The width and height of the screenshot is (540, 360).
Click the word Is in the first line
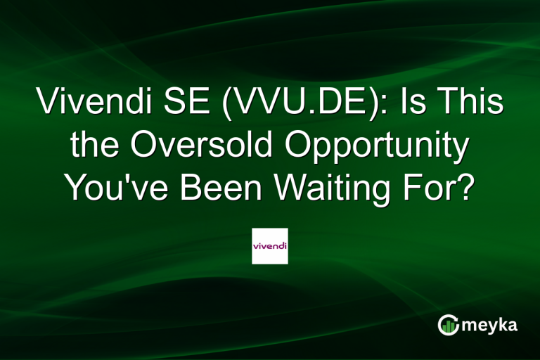point(415,103)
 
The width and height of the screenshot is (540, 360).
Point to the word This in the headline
point(470,103)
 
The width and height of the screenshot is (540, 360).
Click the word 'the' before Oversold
point(93,146)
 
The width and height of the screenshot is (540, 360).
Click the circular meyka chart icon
point(448,324)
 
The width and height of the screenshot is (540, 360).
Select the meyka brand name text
point(491,325)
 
